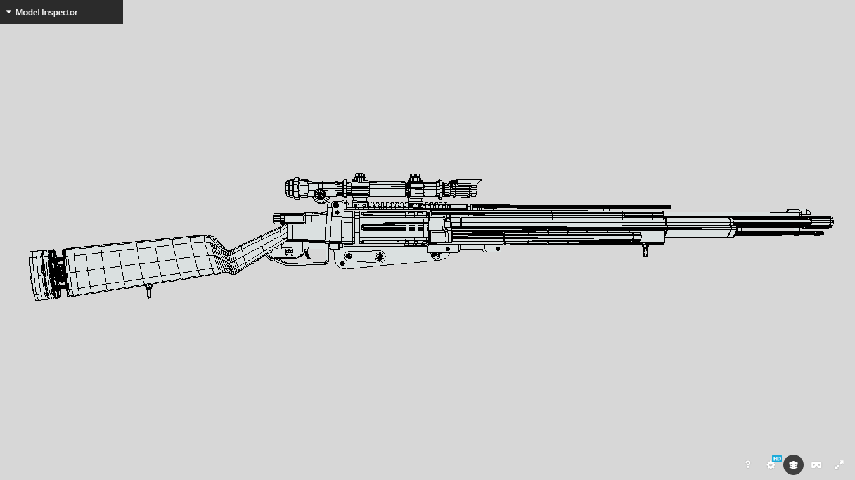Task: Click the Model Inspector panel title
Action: (46, 12)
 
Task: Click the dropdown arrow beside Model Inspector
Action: (8, 12)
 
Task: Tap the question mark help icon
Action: (747, 464)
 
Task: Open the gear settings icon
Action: (770, 465)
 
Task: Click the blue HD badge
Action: (776, 458)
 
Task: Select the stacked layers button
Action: (793, 465)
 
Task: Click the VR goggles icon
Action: (816, 465)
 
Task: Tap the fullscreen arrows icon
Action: (839, 465)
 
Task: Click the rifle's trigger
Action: (307, 254)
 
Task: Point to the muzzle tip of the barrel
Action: (832, 222)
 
